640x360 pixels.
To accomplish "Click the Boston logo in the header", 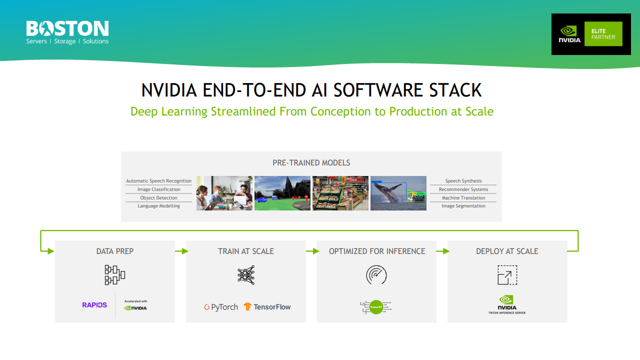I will (x=67, y=32).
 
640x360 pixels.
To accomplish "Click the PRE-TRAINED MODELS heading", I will (x=311, y=163).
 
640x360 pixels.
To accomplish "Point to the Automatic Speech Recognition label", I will (x=158, y=181).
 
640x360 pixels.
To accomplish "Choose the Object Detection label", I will (x=158, y=198).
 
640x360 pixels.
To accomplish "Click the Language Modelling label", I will (x=158, y=206).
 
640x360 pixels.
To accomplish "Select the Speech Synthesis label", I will (x=463, y=181).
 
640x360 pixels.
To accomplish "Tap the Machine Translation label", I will (x=463, y=198).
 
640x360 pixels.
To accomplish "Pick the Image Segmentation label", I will (x=463, y=206).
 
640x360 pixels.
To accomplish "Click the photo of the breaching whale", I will (x=398, y=193).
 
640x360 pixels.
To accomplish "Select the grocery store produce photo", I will (x=340, y=193).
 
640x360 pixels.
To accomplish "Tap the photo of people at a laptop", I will (x=224, y=193).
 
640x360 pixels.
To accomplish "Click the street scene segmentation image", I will (x=282, y=193).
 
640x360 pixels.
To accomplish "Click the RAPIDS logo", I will (x=94, y=305).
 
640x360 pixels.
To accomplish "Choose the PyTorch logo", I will (x=220, y=307).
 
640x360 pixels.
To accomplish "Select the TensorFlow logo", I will (x=267, y=307).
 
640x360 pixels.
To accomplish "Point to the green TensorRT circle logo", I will (x=376, y=307).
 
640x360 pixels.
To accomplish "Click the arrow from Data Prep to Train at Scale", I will (x=180, y=251).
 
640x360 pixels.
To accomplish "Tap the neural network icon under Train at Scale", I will (x=246, y=275).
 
